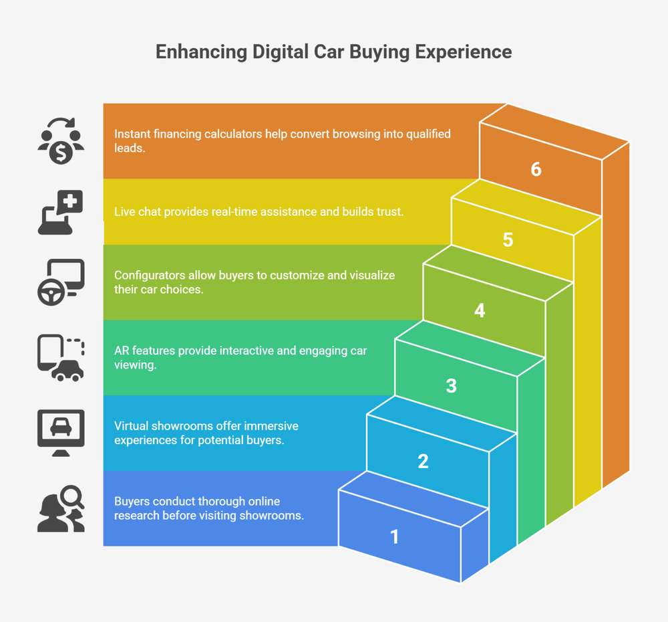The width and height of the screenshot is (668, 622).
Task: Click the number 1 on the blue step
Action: click(x=394, y=536)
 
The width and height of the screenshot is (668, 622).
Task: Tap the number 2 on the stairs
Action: click(x=423, y=461)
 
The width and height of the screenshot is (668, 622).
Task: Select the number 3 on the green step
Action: click(x=451, y=386)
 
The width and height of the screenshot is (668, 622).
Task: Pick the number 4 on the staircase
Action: click(x=480, y=310)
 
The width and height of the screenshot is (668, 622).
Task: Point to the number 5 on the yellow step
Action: click(x=508, y=239)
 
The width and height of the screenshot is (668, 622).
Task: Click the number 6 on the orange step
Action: click(x=536, y=169)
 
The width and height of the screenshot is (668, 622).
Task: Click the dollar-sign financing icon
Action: click(x=61, y=141)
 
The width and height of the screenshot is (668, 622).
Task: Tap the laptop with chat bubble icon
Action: click(x=61, y=212)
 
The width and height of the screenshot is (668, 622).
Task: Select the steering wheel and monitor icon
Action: click(x=61, y=282)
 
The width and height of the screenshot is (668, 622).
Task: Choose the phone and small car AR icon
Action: click(x=61, y=358)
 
